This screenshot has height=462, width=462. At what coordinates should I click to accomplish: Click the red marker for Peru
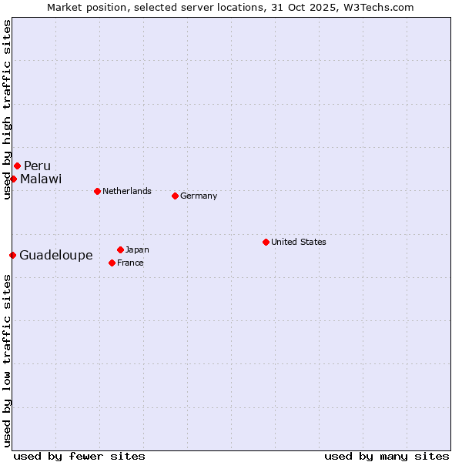[17, 166]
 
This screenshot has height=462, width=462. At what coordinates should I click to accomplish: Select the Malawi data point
[13, 179]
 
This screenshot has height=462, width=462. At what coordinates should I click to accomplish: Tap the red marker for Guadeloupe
[12, 255]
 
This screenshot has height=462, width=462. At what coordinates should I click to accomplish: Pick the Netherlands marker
[97, 191]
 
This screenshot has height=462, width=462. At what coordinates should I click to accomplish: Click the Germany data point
[175, 196]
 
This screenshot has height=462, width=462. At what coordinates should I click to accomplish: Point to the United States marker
[266, 242]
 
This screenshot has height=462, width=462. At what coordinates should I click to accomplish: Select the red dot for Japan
[120, 249]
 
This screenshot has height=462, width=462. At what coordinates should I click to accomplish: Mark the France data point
[112, 263]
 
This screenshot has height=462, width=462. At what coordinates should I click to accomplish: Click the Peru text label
[37, 166]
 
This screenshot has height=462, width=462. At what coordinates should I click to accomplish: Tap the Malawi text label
[41, 179]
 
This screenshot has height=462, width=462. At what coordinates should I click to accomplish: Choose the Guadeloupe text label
[56, 256]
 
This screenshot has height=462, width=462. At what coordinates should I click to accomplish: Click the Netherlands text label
[127, 191]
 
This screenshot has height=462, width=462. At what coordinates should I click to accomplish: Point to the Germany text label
[199, 196]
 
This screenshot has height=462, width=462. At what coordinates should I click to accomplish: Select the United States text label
[299, 242]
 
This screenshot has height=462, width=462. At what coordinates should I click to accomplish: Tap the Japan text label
[137, 249]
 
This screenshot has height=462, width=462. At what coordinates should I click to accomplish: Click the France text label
[130, 263]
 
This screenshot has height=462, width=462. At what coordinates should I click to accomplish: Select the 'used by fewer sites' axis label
[79, 456]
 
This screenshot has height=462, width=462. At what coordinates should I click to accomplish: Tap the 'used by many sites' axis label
[387, 456]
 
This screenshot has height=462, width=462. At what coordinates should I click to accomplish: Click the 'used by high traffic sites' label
[7, 109]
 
